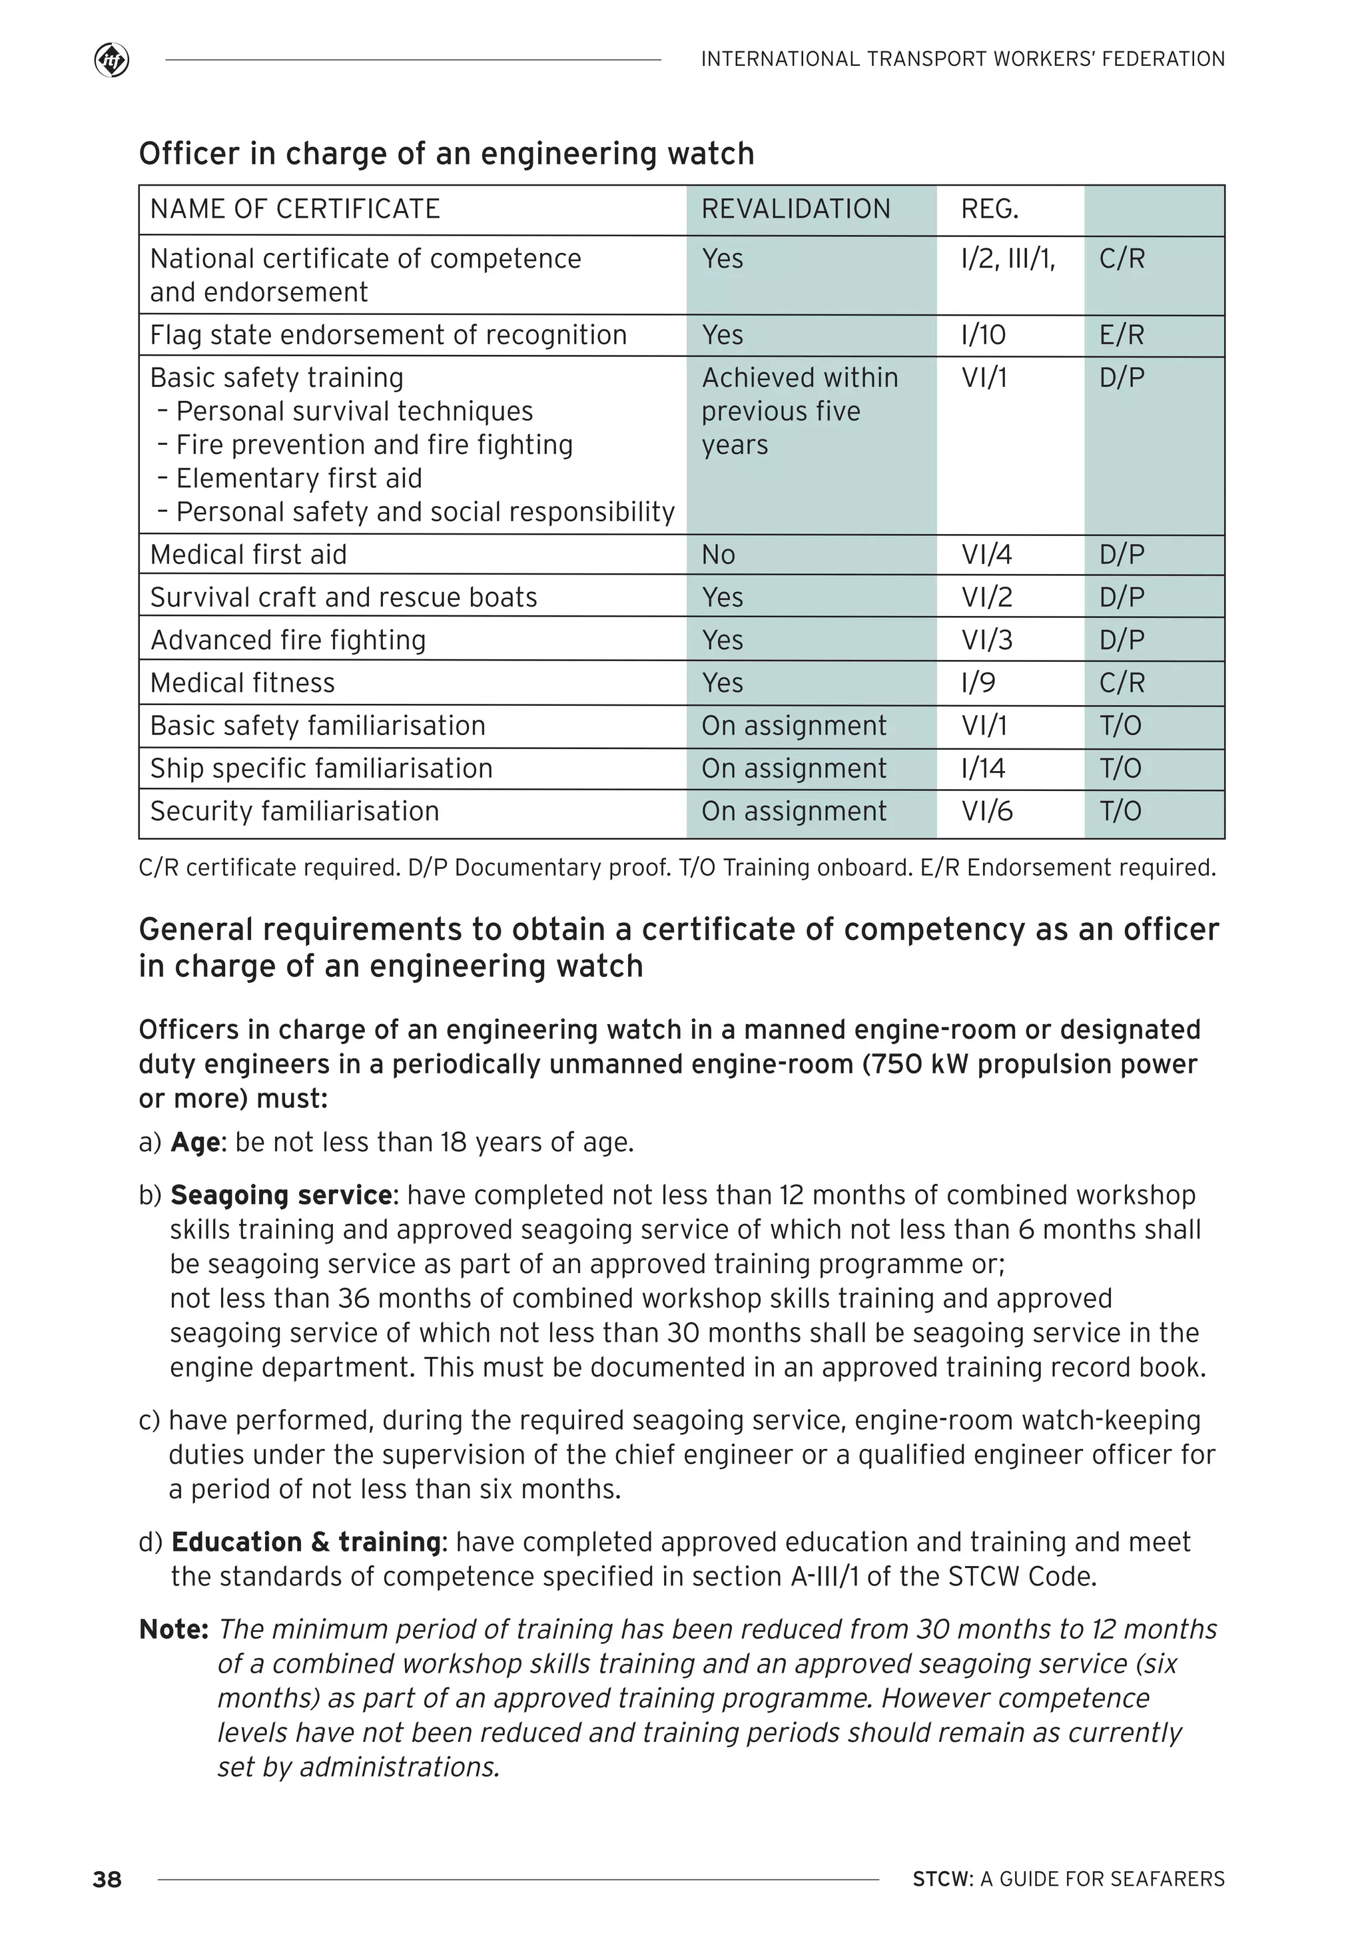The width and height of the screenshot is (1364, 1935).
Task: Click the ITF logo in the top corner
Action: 111,61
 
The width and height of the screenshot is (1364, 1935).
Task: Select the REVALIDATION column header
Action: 795,209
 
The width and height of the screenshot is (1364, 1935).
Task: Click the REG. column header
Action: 990,209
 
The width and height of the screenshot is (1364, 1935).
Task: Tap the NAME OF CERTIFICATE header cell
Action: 295,209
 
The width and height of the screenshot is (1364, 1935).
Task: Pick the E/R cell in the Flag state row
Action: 1121,336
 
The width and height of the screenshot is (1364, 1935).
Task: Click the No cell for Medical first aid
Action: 718,555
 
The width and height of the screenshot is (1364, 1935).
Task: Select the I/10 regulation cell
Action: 983,336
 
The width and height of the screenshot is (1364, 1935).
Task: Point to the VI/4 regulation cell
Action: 986,555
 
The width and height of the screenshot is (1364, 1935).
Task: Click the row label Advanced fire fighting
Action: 288,641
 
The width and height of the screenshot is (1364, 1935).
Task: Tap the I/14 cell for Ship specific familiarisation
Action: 983,768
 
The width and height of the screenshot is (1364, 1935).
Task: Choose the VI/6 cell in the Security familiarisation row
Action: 986,812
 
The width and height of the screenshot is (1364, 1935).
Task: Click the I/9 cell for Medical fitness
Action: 978,683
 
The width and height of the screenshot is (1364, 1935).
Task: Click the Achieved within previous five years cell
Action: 799,412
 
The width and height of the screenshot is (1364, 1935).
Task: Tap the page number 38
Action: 107,1879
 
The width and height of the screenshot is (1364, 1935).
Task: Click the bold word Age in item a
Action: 196,1143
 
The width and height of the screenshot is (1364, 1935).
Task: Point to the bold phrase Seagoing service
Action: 280,1195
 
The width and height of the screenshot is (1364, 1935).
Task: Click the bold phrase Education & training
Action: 306,1542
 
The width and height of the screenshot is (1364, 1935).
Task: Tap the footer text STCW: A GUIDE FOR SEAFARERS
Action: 1068,1879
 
